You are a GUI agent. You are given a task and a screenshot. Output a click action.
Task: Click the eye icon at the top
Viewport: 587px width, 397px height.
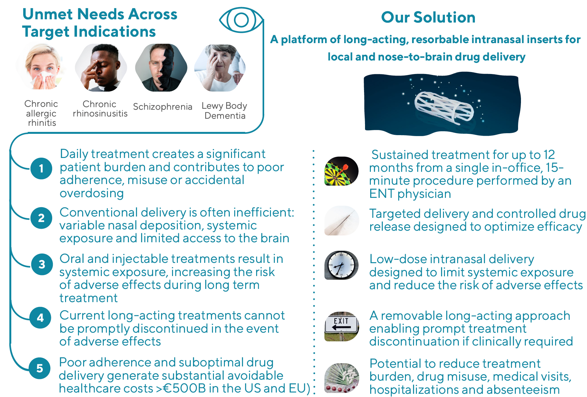[x=241, y=20]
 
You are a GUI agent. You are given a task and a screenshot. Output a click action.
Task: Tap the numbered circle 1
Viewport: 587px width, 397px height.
[x=41, y=168]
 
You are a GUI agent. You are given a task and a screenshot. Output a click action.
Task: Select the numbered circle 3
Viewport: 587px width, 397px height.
[x=42, y=264]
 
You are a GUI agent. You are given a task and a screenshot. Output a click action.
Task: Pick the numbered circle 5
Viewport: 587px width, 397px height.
[x=40, y=368]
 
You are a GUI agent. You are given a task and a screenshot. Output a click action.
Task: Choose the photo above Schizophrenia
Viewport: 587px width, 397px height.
[x=161, y=68]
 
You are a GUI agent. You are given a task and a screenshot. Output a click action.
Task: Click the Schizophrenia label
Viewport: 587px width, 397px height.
[x=163, y=106]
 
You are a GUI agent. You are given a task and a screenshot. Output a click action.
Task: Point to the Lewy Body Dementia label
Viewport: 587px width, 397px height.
[x=225, y=110]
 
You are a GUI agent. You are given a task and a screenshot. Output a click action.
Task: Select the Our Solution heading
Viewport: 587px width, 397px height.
[x=428, y=17]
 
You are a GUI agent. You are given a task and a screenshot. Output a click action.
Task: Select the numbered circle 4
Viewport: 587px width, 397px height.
[x=40, y=318]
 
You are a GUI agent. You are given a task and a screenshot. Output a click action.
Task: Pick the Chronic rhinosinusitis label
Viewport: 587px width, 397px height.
[x=100, y=108]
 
